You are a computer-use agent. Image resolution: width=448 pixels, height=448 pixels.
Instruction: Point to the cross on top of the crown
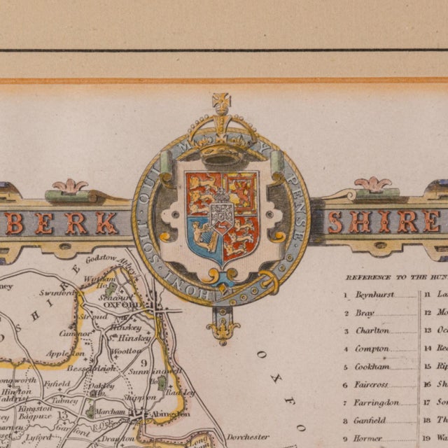point(222,102)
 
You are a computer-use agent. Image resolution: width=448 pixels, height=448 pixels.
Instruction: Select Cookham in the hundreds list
point(372,366)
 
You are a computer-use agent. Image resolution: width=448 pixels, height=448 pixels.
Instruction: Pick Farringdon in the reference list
point(377,402)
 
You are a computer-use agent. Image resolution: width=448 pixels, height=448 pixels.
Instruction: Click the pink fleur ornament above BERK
point(70,186)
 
